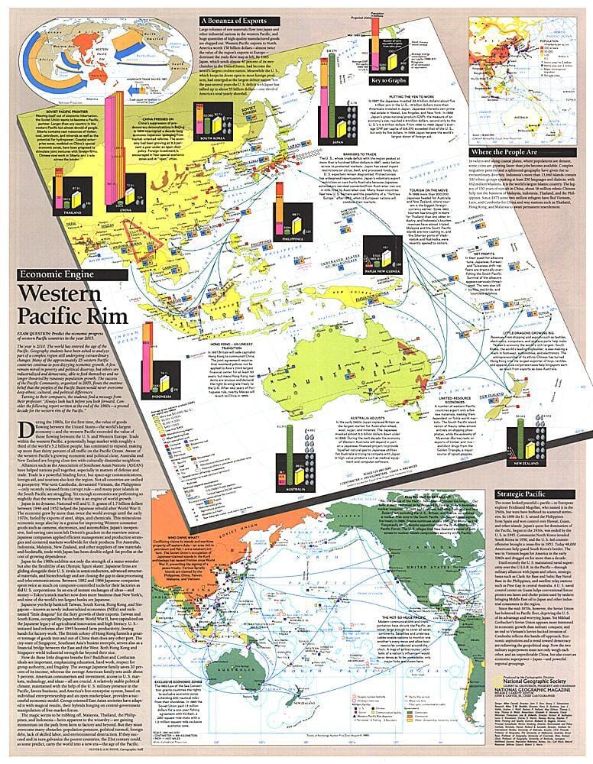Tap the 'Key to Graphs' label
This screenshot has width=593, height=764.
click(387, 82)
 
